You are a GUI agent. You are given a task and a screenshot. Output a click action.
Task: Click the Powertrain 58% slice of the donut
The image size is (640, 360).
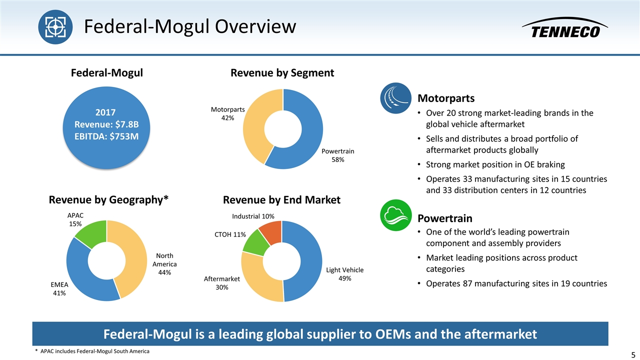pyautogui.click(x=310, y=135)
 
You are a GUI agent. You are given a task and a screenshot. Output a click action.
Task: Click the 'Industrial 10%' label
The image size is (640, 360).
pyautogui.click(x=253, y=216)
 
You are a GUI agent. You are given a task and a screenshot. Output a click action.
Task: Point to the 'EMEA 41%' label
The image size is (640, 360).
pyautogui.click(x=59, y=289)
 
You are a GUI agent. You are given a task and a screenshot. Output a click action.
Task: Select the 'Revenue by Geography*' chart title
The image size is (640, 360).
pyautogui.click(x=108, y=200)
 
